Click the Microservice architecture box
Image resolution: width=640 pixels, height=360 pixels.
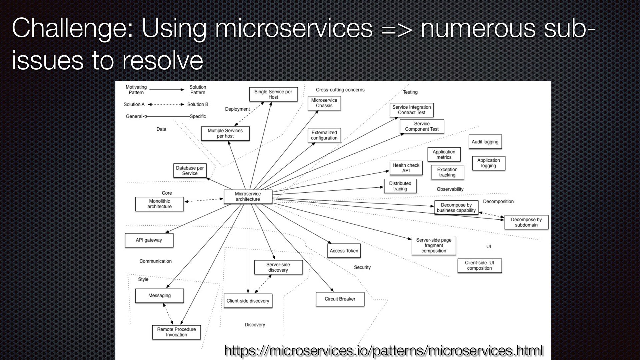click(x=248, y=197)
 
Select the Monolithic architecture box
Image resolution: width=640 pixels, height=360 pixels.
click(x=159, y=204)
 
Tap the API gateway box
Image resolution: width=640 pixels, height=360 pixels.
click(x=149, y=240)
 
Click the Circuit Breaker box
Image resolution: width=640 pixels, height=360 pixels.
click(x=340, y=299)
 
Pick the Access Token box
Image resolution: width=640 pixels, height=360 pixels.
click(x=344, y=251)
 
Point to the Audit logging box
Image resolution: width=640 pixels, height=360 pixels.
click(x=485, y=142)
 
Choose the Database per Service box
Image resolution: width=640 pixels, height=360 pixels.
click(x=190, y=171)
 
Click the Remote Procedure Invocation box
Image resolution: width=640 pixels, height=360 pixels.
click(x=176, y=332)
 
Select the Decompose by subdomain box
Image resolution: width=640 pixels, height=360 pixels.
click(x=526, y=222)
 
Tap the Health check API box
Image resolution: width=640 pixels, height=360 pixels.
click(x=406, y=168)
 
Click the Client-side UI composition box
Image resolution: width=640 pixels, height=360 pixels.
click(x=479, y=266)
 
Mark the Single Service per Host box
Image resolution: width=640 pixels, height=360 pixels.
click(x=273, y=94)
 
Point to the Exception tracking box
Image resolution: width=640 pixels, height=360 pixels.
click(x=447, y=172)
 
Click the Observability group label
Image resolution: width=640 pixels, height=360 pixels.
click(x=450, y=189)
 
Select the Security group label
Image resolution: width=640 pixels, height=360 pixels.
click(x=362, y=267)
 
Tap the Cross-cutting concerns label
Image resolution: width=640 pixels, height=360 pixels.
click(x=340, y=90)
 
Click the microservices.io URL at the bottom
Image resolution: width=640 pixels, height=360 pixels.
click(x=384, y=350)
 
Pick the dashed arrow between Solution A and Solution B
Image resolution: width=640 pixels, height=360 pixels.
click(x=166, y=104)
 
